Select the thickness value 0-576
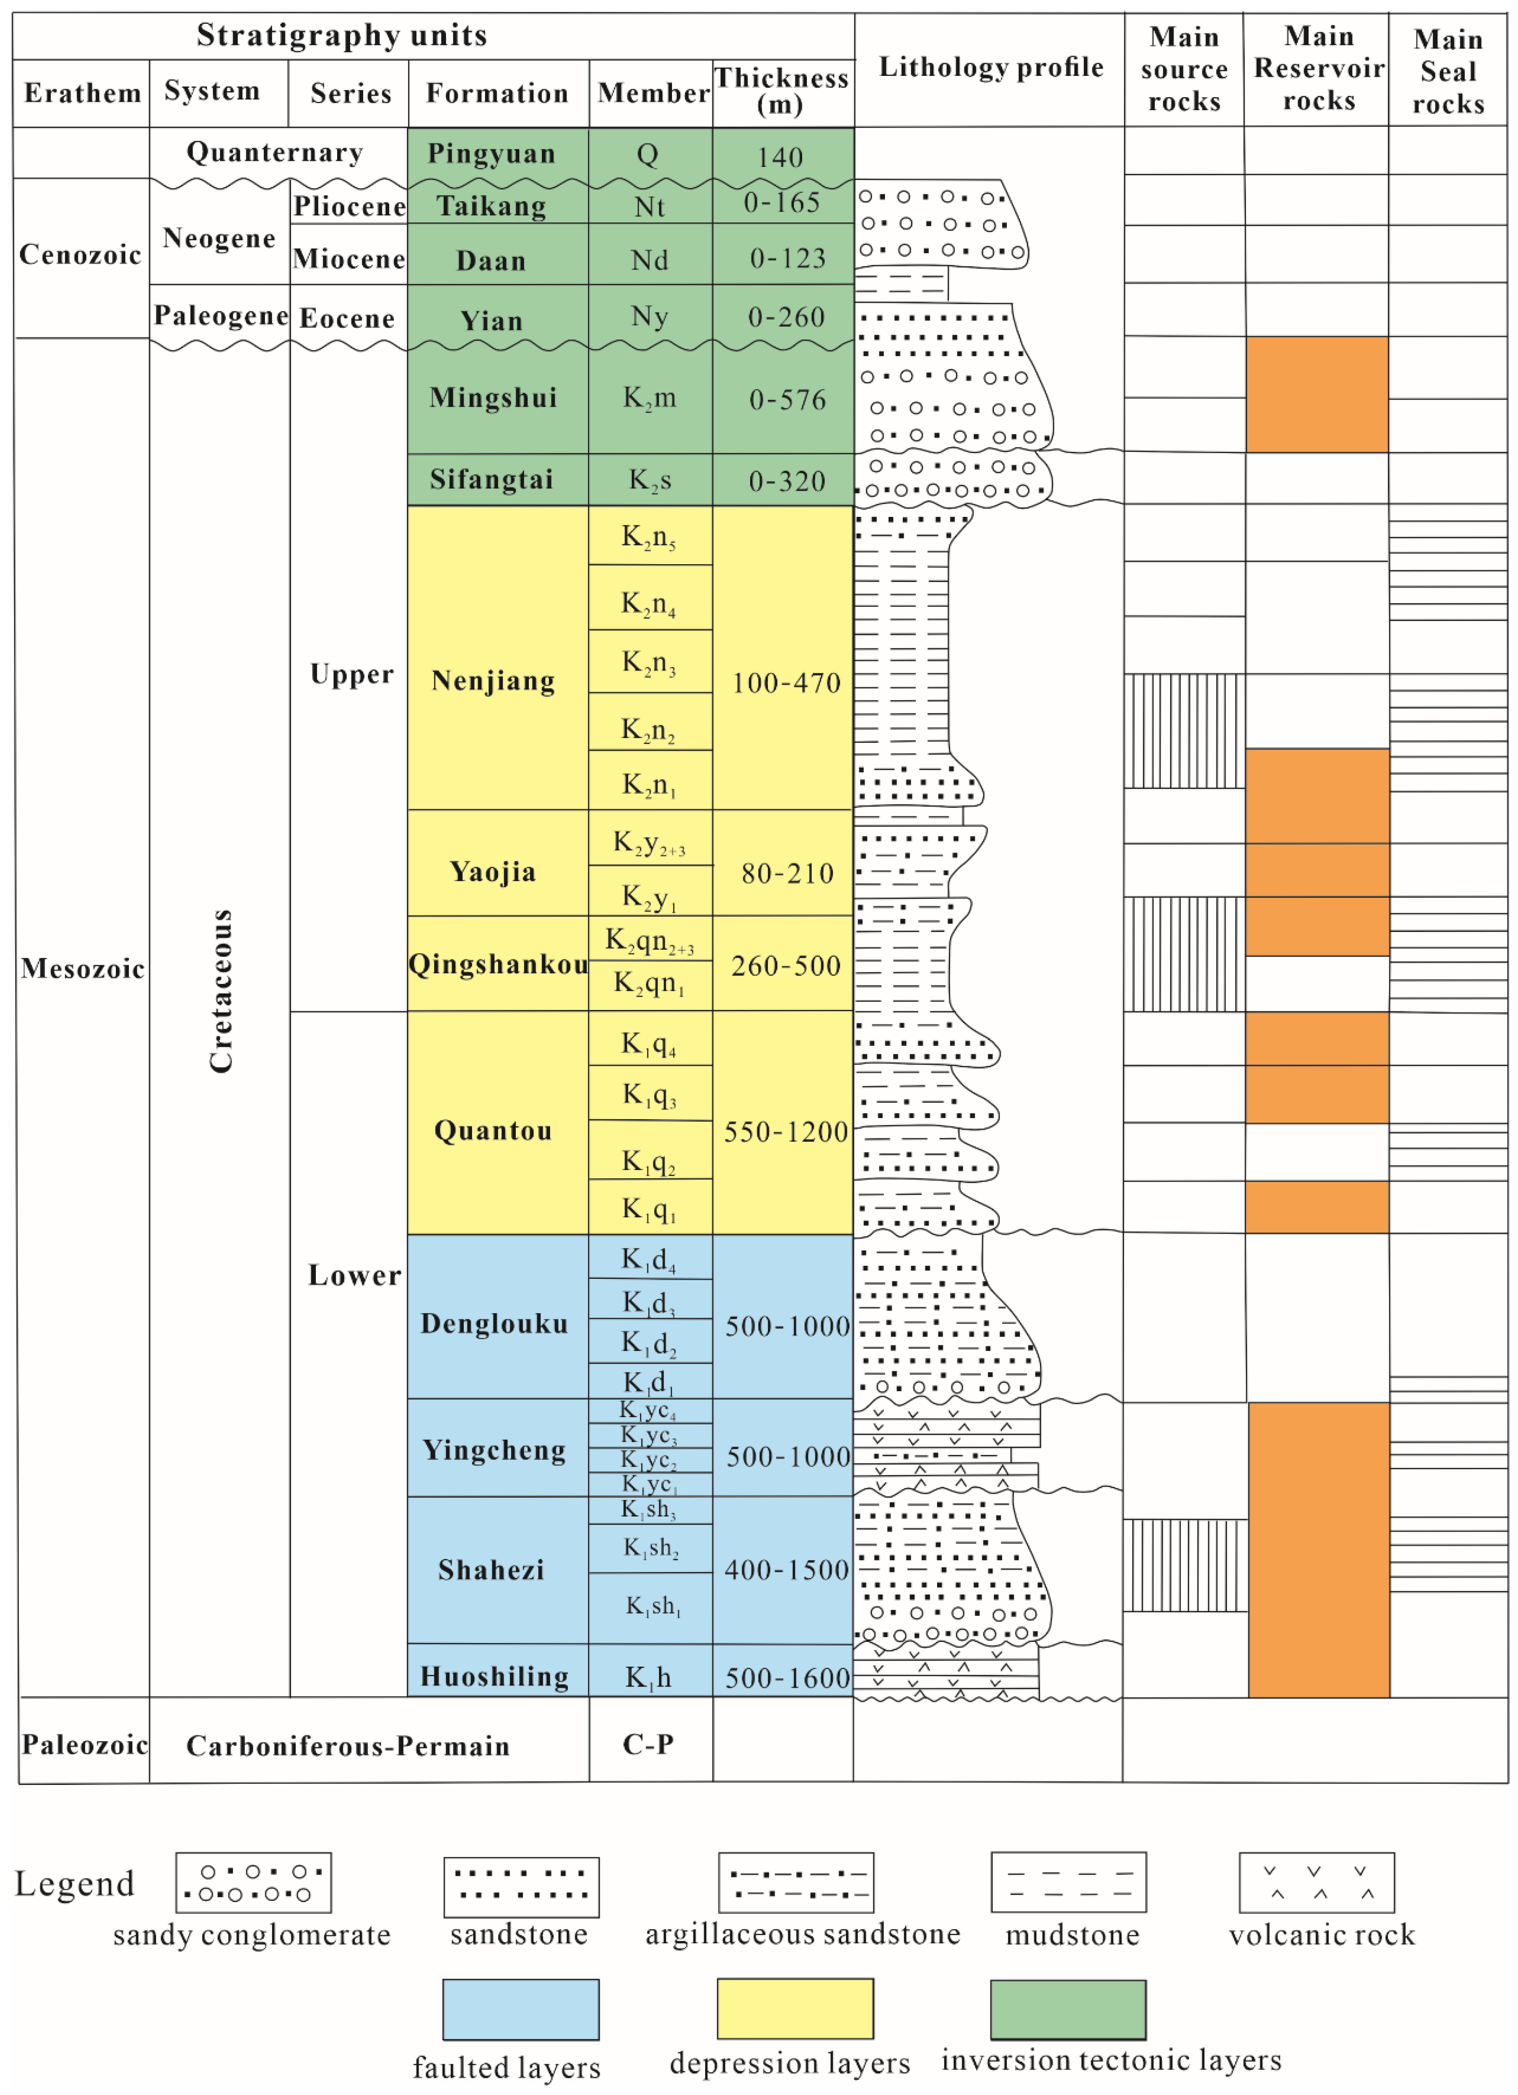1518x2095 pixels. pos(787,400)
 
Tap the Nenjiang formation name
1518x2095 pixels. pos(493,681)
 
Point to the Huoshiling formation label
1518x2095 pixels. pos(494,1677)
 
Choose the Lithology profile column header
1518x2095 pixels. pos(990,67)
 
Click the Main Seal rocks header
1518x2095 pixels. pos(1448,71)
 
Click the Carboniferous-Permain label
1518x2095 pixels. pos(348,1746)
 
